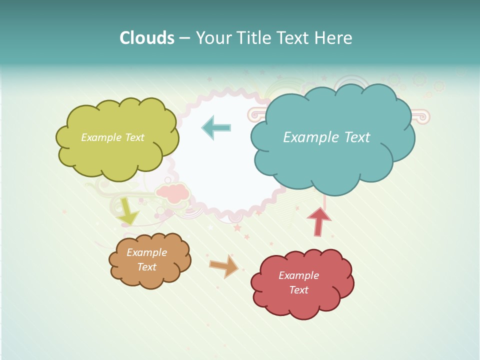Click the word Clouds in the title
tap(147, 38)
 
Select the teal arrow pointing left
tap(216, 127)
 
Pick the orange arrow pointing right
tap(224, 266)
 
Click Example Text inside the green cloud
tap(112, 137)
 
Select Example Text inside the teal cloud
tap(326, 137)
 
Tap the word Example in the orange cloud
tap(146, 252)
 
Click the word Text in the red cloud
tap(298, 290)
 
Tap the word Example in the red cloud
tap(298, 275)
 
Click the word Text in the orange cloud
tap(146, 267)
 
